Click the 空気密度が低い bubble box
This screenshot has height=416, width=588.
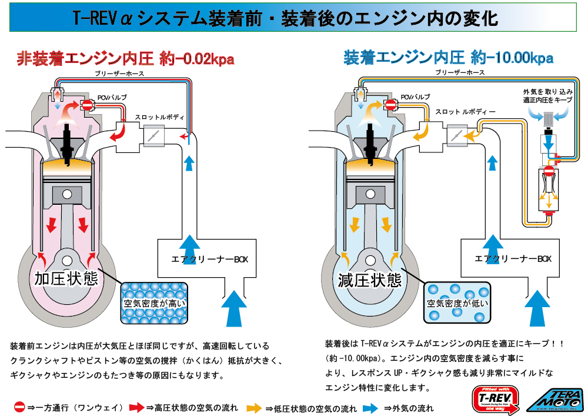point(457,302)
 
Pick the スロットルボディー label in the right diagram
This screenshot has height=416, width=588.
point(465,111)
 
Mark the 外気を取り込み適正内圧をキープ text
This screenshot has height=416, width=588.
point(547,96)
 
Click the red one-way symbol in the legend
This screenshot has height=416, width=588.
point(19,407)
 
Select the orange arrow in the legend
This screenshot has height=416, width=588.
point(254,407)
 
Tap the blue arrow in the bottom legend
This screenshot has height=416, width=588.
point(370,407)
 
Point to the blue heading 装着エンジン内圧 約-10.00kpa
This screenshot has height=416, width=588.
point(448,58)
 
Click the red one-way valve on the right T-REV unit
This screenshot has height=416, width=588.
point(548,172)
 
